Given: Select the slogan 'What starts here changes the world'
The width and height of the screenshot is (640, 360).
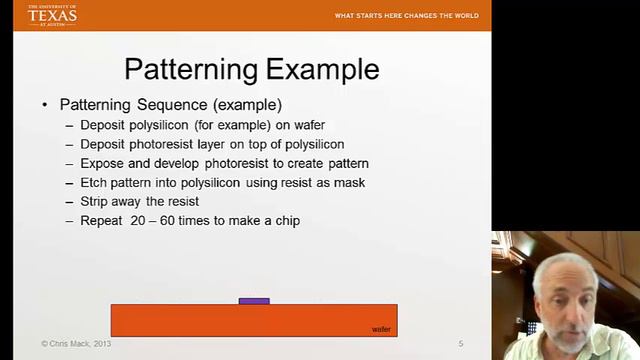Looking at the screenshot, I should pyautogui.click(x=406, y=16).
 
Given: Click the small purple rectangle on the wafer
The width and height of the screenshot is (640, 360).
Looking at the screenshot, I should pyautogui.click(x=254, y=300).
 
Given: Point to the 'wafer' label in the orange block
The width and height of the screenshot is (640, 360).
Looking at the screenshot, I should pyautogui.click(x=381, y=328).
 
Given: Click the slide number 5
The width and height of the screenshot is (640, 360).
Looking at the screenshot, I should pyautogui.click(x=461, y=344).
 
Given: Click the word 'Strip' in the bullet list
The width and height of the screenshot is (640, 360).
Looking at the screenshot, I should pyautogui.click(x=95, y=201).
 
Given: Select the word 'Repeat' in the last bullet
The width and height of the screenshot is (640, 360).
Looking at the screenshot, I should pyautogui.click(x=101, y=220).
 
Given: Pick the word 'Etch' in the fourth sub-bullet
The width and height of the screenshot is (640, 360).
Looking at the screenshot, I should pyautogui.click(x=94, y=182).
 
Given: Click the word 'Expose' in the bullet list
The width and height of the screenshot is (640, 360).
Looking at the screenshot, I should pyautogui.click(x=103, y=163).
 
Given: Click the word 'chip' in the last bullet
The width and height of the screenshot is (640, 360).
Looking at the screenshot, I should pyautogui.click(x=286, y=220).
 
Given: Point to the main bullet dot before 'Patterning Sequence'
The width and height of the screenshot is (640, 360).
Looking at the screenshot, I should pyautogui.click(x=44, y=105).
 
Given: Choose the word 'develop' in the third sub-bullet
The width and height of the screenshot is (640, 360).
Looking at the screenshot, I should pyautogui.click(x=181, y=163).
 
